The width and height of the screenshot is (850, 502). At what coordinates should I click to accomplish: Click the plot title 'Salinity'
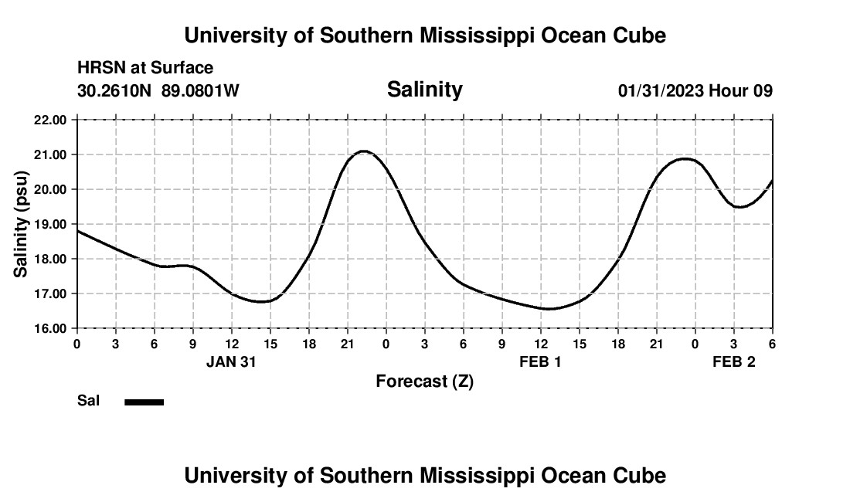[424, 90]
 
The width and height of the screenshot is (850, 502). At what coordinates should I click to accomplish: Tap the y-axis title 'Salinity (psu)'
[21, 224]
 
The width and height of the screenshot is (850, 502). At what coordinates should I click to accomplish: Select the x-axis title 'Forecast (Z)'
[424, 381]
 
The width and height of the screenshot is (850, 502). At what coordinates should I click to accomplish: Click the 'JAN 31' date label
[231, 362]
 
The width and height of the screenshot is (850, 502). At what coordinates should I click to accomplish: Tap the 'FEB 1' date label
[540, 362]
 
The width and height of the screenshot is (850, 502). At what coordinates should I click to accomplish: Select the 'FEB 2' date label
[733, 362]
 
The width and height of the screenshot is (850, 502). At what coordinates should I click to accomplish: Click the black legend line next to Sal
[144, 402]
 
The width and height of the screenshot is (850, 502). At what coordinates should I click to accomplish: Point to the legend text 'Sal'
[89, 401]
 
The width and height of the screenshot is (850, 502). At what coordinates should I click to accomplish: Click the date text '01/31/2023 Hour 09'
[695, 90]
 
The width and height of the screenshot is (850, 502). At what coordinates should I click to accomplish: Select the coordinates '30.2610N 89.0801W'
[158, 90]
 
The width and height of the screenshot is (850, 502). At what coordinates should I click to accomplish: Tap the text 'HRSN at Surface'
[145, 69]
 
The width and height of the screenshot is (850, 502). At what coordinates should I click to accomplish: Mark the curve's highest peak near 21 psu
[364, 151]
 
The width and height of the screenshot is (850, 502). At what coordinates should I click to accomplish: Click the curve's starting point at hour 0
[77, 231]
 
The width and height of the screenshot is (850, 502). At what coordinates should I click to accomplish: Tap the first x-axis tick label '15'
[270, 343]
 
